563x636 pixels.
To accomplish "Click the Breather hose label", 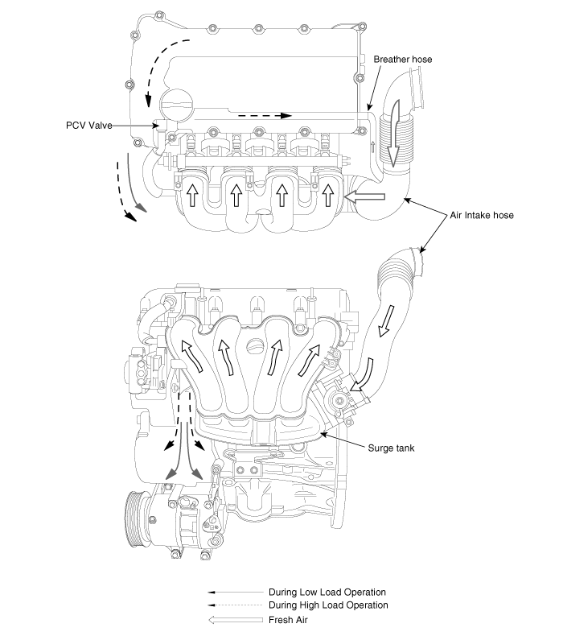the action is click(x=402, y=60).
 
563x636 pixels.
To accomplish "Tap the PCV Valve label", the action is click(x=88, y=126).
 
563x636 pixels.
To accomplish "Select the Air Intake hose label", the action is click(x=482, y=215).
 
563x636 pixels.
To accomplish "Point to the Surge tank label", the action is click(x=391, y=448).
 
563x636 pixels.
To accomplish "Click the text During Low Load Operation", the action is click(x=327, y=593).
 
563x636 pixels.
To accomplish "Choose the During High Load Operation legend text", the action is click(x=328, y=605).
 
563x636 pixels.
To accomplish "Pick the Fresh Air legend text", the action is click(x=288, y=620).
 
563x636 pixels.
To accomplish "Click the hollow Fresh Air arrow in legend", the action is click(x=236, y=620).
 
